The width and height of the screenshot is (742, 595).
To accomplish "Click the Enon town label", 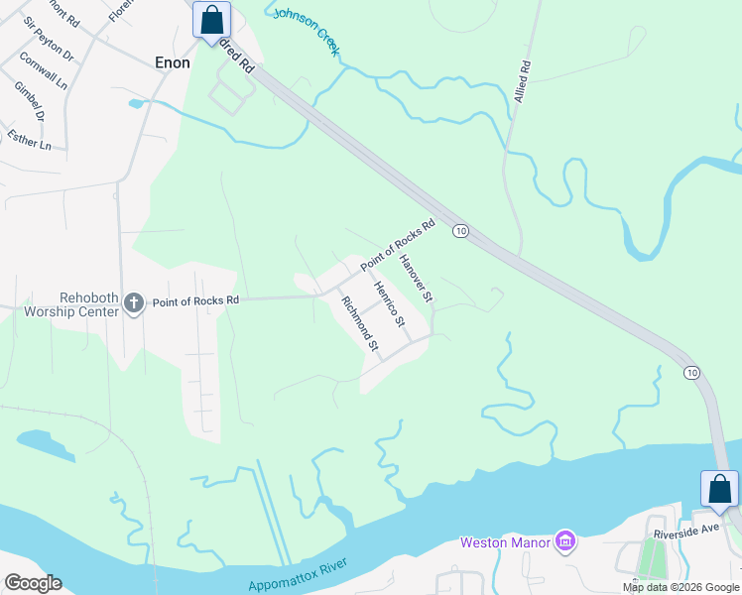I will tap(173, 61).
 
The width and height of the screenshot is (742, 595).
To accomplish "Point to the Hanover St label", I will tap(417, 279).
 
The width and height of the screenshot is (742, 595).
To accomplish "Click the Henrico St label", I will tap(390, 304).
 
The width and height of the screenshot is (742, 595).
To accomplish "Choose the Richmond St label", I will tap(360, 324).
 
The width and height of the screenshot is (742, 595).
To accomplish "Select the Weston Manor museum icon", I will tap(564, 541).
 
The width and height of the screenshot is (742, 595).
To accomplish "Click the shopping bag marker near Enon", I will tap(211, 20).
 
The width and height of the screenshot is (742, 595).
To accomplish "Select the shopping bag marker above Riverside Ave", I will tap(719, 489).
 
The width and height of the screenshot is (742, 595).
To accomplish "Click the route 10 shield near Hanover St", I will tap(460, 231).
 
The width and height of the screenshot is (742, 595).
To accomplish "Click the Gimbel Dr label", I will tap(30, 101).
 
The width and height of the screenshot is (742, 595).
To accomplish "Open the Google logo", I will tap(33, 583).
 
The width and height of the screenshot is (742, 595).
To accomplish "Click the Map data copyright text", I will tap(680, 587).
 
